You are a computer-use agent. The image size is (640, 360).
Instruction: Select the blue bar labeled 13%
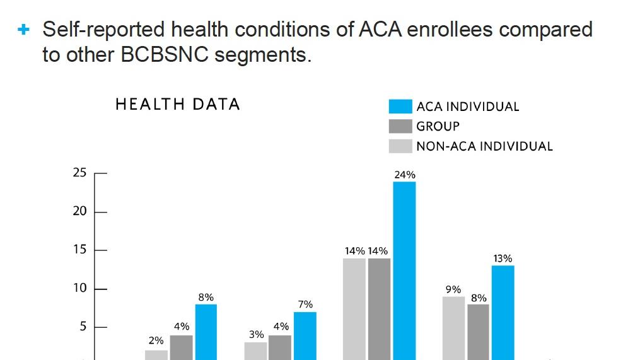click(503, 312)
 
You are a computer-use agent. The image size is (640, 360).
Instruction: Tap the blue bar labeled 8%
click(206, 332)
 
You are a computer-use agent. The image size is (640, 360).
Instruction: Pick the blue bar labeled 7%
click(305, 335)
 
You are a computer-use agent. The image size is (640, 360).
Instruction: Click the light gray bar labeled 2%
click(156, 354)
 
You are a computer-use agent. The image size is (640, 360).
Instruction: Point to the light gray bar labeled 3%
click(255, 351)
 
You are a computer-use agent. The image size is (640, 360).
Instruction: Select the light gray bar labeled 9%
click(453, 327)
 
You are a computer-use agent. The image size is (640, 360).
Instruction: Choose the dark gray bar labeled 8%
click(478, 331)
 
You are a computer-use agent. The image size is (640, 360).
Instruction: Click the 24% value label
click(404, 175)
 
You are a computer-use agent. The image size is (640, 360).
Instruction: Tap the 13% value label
click(503, 258)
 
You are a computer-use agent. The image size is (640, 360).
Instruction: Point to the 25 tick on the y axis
click(79, 173)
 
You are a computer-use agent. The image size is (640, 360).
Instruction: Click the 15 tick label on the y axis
click(79, 250)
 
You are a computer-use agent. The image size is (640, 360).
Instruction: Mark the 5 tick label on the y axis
click(83, 327)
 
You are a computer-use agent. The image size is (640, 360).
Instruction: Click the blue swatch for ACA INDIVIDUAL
click(400, 106)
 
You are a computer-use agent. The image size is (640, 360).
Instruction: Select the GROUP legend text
click(438, 126)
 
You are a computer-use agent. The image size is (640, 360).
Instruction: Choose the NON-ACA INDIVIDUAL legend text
click(484, 146)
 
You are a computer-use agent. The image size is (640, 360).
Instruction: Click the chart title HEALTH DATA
click(177, 105)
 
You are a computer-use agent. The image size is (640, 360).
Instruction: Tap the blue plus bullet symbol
click(24, 29)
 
